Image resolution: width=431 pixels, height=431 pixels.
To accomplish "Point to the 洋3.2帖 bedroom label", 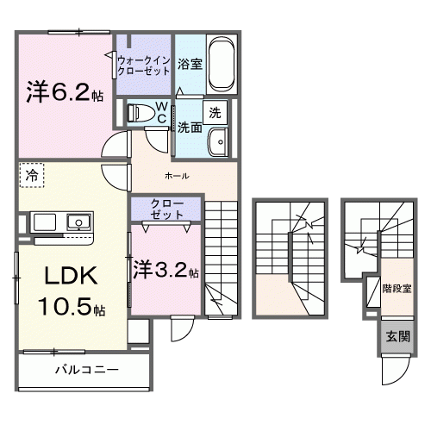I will pyautogui.click(x=166, y=269).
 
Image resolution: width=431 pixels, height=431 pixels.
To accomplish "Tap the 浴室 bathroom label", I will pyautogui.click(x=190, y=63).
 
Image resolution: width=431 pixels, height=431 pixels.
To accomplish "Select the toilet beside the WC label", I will pyautogui.click(x=139, y=111).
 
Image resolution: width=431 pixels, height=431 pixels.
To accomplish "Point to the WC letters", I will pyautogui.click(x=161, y=111).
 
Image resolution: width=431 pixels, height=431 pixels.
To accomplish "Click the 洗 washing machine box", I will pyautogui.click(x=215, y=111).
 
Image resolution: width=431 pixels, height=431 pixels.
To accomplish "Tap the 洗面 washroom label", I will pyautogui.click(x=190, y=127).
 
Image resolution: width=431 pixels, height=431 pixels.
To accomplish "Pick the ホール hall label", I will pyautogui.click(x=177, y=177).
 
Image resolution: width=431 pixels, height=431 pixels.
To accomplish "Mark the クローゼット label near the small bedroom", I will pyautogui.click(x=166, y=209).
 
